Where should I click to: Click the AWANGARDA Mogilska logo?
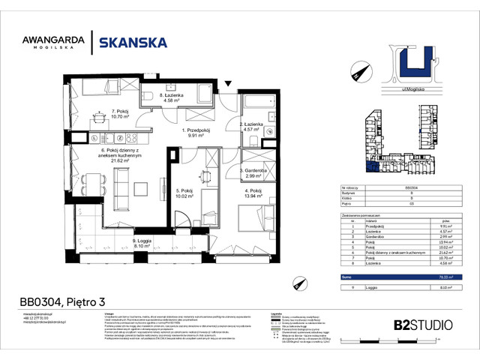click(55, 43)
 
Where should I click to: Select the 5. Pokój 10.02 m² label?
click(184, 194)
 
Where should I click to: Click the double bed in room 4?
click(252, 220)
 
